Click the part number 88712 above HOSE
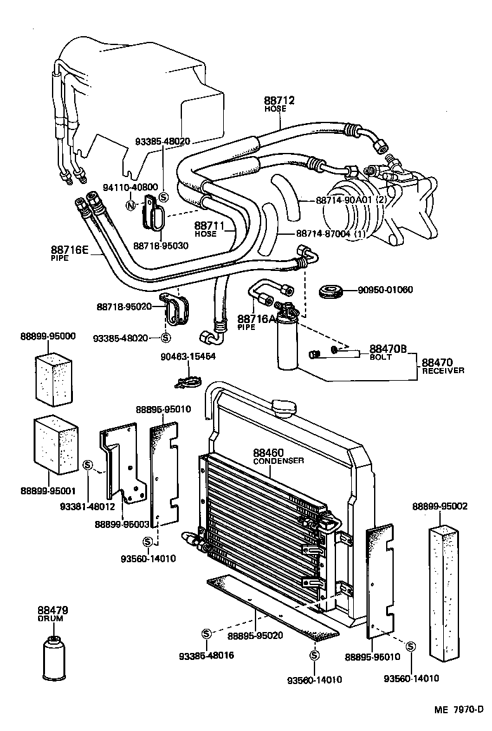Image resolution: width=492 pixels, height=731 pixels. (x=280, y=101)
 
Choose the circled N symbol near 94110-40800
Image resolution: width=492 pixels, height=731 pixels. (x=131, y=206)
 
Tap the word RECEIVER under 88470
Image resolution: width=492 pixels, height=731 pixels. (x=443, y=371)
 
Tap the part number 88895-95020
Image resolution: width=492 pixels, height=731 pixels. (x=255, y=635)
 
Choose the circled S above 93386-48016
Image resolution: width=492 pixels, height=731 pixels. (x=206, y=634)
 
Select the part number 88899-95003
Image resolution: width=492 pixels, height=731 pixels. (x=122, y=524)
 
